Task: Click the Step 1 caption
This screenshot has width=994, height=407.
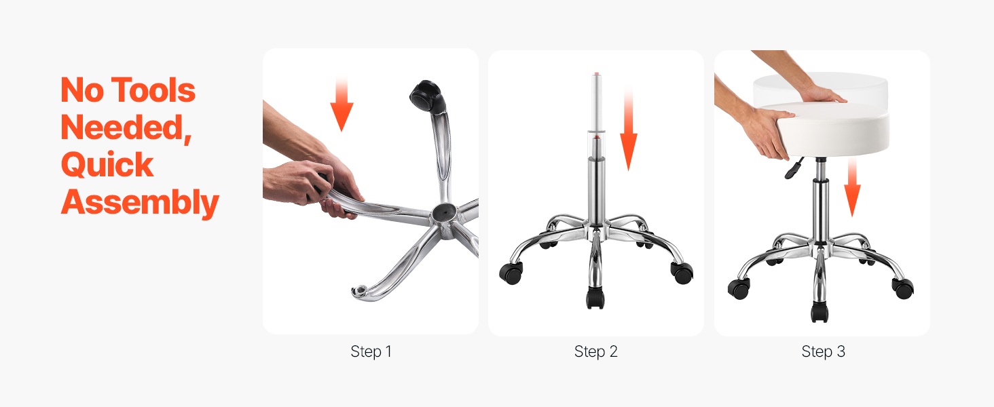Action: (x=371, y=351)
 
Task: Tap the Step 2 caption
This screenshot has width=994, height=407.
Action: (x=596, y=351)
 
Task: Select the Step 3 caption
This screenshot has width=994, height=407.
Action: (x=823, y=351)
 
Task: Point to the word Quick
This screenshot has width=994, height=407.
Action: (x=107, y=164)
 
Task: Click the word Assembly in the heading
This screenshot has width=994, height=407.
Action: (x=140, y=203)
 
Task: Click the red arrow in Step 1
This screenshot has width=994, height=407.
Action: (x=342, y=104)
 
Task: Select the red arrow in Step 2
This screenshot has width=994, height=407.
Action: (x=628, y=129)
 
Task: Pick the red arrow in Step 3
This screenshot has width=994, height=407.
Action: (x=852, y=187)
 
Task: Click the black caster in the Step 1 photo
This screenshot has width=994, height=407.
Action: (x=427, y=96)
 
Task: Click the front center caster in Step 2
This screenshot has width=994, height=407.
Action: (x=595, y=298)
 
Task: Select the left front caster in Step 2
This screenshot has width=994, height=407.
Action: (x=511, y=273)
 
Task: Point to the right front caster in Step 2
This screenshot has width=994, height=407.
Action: (x=682, y=273)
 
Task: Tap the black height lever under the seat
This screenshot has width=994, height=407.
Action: (x=794, y=168)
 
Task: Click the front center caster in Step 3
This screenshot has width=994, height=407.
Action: (x=819, y=311)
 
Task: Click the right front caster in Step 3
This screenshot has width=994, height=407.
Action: (x=902, y=288)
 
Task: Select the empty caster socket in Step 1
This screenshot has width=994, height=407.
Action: (x=360, y=291)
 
